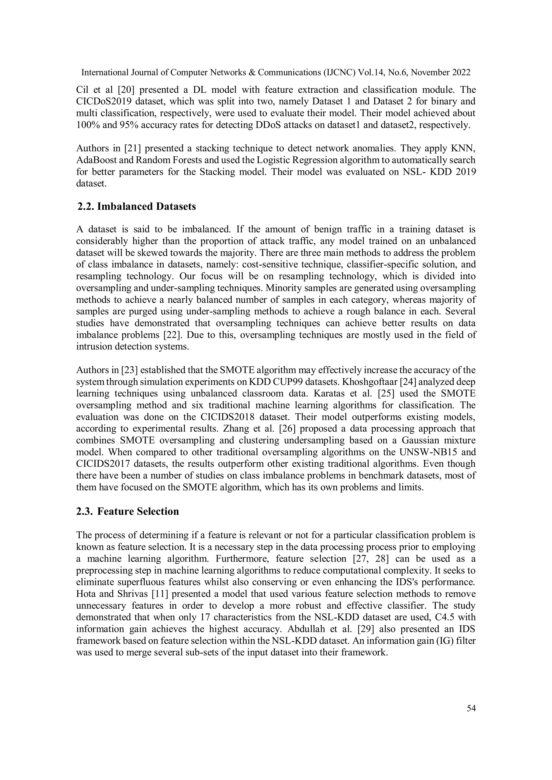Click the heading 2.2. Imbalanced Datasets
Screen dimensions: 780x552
tap(137, 207)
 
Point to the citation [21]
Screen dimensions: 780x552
tap(132, 148)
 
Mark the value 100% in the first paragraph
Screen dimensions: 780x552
tap(87, 125)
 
